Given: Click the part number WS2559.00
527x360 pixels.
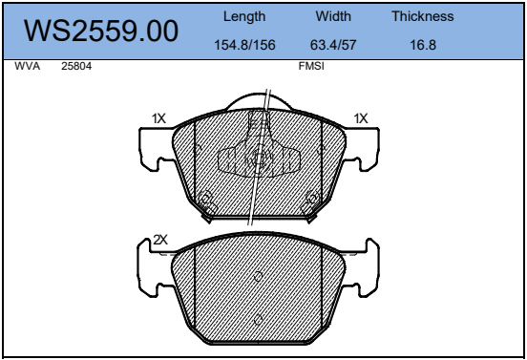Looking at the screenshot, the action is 101,31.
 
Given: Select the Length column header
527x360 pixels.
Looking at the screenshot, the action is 244,16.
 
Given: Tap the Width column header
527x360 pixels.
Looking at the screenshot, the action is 333,16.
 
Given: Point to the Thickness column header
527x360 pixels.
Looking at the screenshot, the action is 423,16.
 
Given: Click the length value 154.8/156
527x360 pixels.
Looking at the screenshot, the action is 244,45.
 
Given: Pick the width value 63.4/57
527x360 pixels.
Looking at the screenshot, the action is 333,45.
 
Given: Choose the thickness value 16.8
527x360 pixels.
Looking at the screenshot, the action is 423,45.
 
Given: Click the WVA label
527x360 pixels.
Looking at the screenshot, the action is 28,66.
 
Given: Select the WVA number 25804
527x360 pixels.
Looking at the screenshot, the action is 76,66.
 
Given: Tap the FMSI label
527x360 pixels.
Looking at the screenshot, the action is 311,66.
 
